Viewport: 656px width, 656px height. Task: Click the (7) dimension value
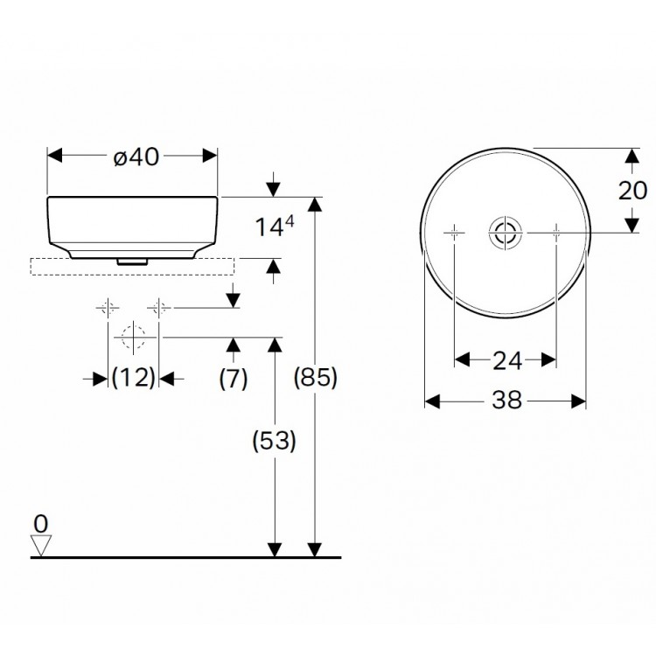coord(233,378)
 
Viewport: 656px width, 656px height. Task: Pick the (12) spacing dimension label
coord(134,378)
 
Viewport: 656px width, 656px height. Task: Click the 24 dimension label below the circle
coord(506,359)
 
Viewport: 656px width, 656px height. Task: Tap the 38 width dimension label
coord(506,401)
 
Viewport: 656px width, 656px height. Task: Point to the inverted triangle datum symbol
coord(40,546)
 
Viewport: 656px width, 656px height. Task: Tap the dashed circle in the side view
coord(133,337)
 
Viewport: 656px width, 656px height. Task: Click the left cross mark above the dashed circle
coord(108,308)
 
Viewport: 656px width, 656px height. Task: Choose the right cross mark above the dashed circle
coord(158,308)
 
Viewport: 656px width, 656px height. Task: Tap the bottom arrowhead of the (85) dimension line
coord(314,548)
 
